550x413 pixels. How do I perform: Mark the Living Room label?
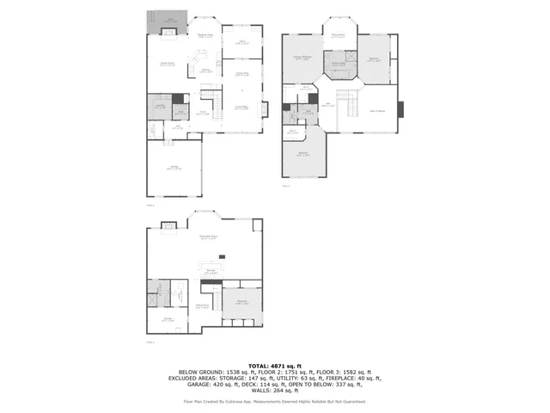click(x=241, y=107)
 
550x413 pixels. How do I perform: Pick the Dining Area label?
click(x=242, y=73)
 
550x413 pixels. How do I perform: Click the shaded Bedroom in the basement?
click(x=241, y=302)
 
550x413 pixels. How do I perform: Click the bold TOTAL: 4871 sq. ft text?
click(x=274, y=365)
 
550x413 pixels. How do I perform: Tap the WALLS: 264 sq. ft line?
click(x=274, y=391)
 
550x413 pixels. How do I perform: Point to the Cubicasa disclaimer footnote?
click(x=274, y=402)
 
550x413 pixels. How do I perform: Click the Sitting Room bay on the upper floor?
click(x=339, y=34)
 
